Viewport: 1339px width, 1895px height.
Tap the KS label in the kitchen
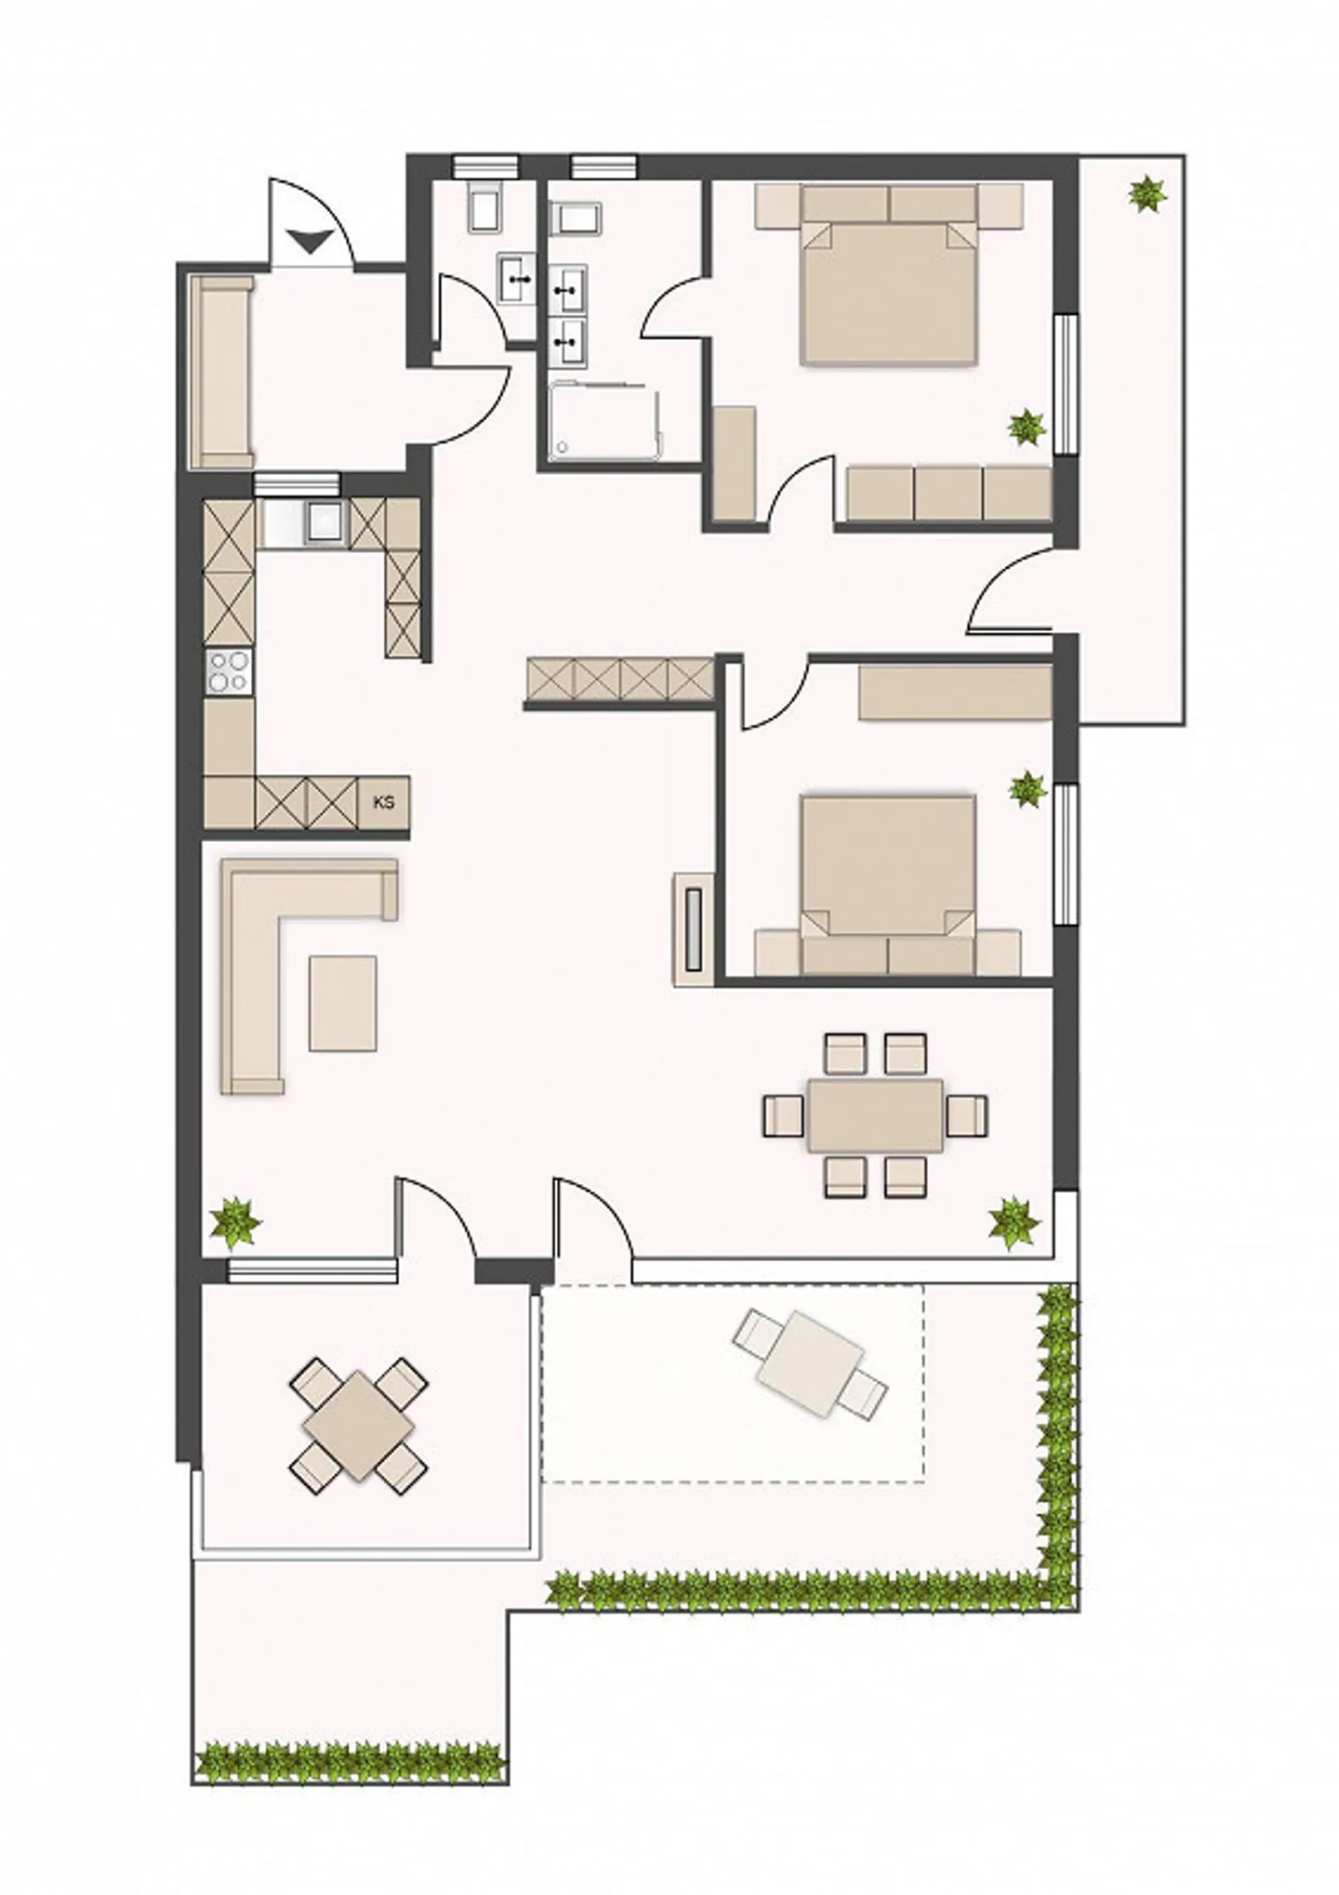[x=383, y=802]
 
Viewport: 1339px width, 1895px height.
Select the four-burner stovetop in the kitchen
[x=229, y=670]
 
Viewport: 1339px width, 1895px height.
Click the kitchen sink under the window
[x=325, y=521]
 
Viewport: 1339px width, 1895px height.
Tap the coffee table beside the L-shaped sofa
[x=343, y=1004]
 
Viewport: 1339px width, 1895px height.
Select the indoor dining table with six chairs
[x=875, y=1115]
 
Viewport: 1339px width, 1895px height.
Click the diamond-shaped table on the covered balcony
[x=358, y=1427]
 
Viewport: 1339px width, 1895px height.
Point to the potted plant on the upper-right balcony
[x=1147, y=193]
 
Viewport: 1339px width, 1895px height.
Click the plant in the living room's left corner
[x=236, y=1223]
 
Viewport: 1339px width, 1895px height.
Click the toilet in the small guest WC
[x=486, y=204]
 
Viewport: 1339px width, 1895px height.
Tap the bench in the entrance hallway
[x=222, y=372]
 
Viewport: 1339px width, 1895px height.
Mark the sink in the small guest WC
[x=517, y=277]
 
